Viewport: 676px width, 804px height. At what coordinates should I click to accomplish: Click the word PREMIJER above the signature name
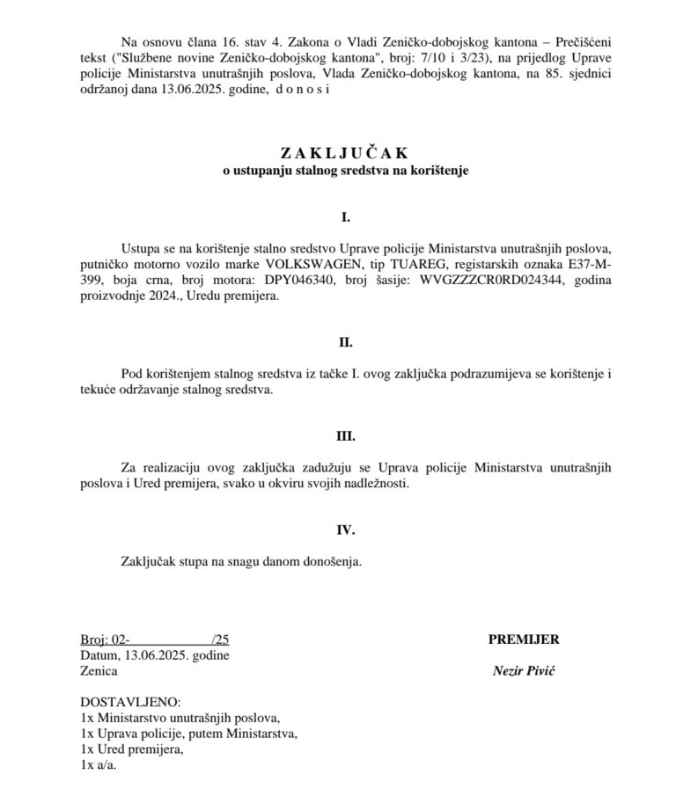524,640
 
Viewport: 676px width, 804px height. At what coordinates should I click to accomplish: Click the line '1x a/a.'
98,765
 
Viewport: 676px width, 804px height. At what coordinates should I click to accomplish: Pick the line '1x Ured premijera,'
132,749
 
